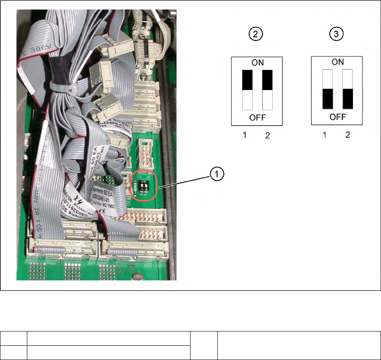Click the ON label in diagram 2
coord(257,62)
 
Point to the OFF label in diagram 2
coord(257,118)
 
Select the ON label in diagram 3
coord(338,62)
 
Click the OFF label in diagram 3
coord(338,117)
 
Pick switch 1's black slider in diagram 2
coord(247,80)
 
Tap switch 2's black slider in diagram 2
coord(267,80)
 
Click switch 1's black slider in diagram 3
coord(327,98)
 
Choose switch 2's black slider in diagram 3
coord(347,98)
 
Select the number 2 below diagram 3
coord(347,135)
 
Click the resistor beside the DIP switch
coord(135,189)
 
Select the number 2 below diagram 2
coord(268,136)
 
